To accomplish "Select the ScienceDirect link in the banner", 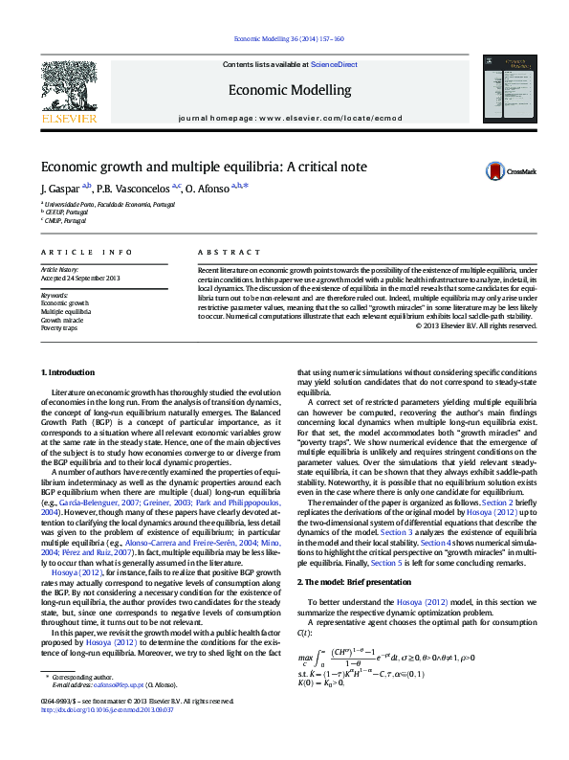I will click(335, 64).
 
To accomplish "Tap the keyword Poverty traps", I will click(59, 327).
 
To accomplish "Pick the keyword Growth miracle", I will click(62, 320).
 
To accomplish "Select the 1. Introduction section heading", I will click(68, 370).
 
